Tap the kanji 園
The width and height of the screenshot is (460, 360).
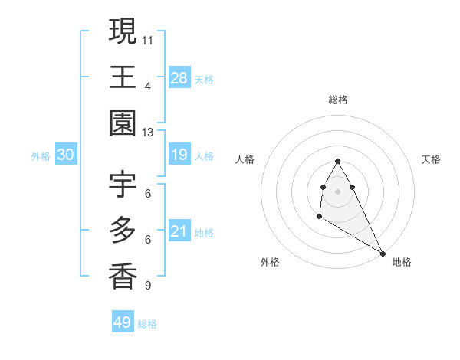(123, 123)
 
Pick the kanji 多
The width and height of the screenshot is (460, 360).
(123, 229)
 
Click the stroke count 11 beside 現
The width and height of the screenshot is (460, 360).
(148, 38)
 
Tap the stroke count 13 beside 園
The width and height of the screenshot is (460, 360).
(148, 132)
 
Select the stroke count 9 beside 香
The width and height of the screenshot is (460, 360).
(148, 286)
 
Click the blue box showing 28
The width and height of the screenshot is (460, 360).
(179, 77)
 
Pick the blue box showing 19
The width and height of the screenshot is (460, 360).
(179, 155)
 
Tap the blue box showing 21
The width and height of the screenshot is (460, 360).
(179, 231)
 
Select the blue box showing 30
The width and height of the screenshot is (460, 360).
(66, 155)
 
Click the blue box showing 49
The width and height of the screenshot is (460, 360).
(123, 322)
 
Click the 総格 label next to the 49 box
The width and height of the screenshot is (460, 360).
(147, 324)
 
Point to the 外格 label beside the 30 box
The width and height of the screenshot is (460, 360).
(41, 156)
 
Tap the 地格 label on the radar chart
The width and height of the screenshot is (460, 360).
(402, 262)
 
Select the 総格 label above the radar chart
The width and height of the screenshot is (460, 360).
(338, 100)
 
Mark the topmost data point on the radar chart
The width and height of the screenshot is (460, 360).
(337, 161)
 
